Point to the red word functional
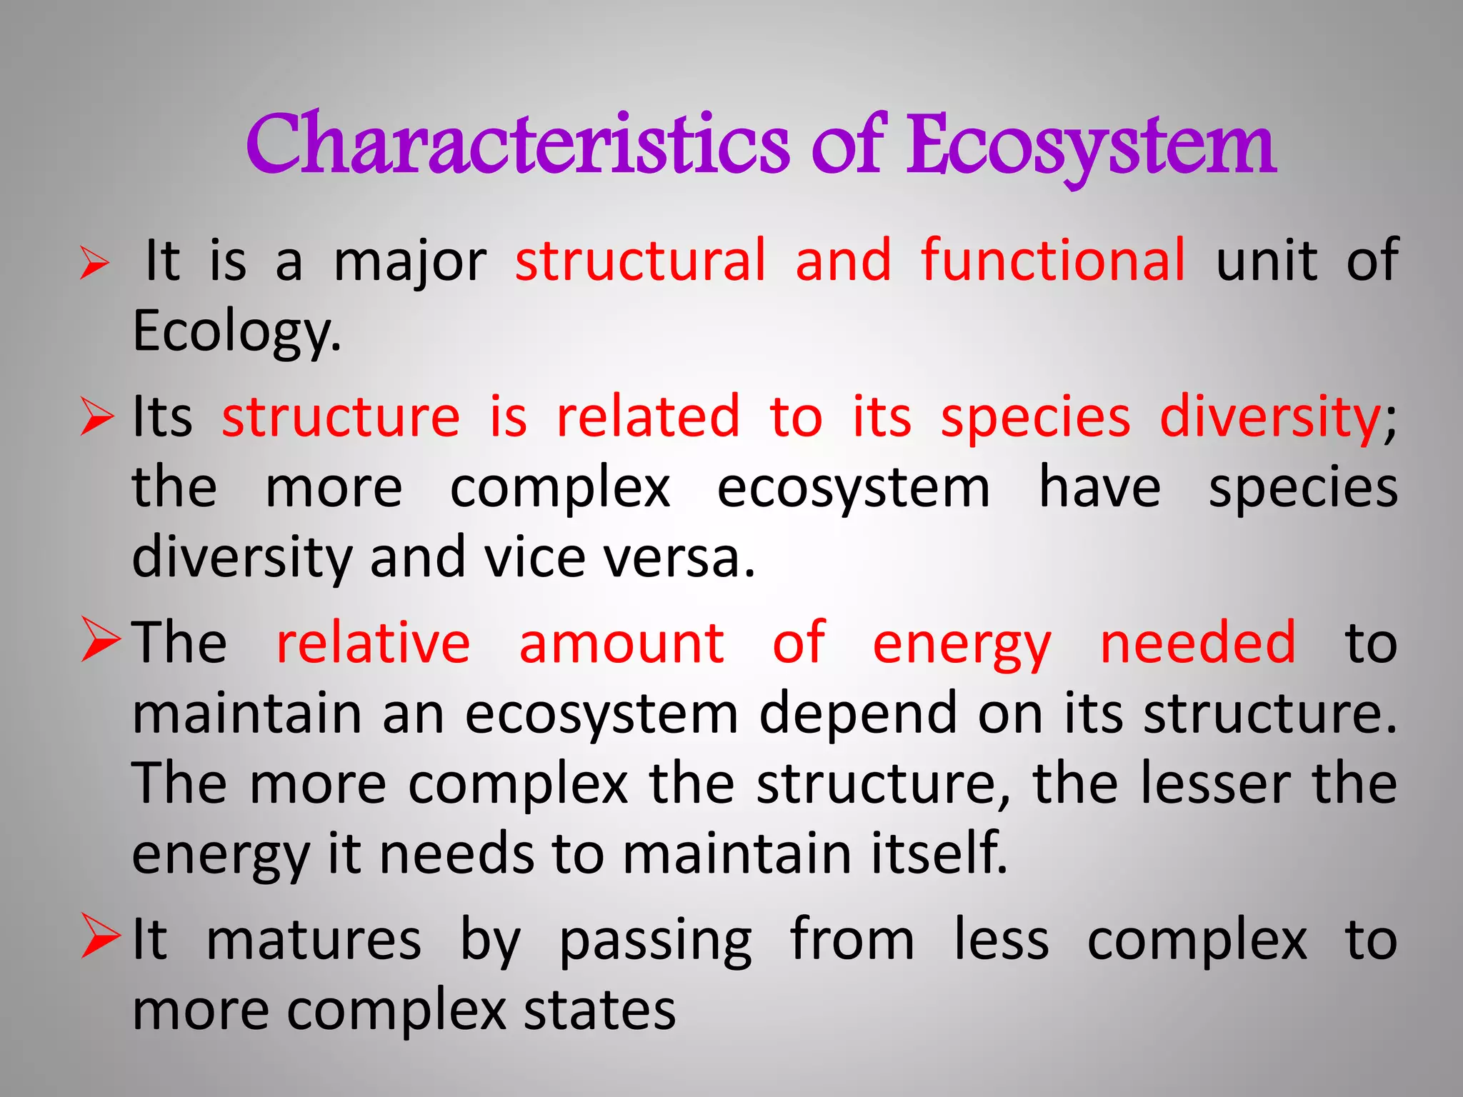pos(1054,261)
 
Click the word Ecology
pos(236,331)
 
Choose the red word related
pos(648,416)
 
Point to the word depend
pos(858,713)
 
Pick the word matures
pos(314,940)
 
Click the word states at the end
pos(599,1010)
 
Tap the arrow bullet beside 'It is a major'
pos(95,262)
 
